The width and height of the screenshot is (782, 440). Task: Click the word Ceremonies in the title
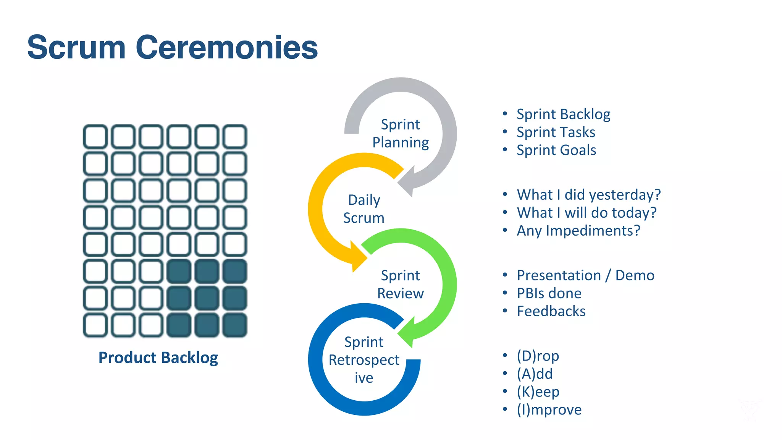[226, 48]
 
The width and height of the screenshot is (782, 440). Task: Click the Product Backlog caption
[158, 358]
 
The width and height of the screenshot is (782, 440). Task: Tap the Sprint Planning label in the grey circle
[401, 133]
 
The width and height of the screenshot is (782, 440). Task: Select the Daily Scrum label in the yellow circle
[364, 209]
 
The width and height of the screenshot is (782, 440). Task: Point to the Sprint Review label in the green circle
[401, 284]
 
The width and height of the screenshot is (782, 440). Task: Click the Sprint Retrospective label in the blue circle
[364, 360]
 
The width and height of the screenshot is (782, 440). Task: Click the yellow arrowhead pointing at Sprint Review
[358, 258]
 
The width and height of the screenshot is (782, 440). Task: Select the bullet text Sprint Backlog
[563, 114]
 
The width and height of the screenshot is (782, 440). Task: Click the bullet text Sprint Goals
[556, 150]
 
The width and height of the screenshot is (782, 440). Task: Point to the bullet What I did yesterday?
[588, 195]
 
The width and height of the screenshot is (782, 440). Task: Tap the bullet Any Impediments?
[578, 231]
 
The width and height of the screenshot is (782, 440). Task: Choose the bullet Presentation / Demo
[585, 275]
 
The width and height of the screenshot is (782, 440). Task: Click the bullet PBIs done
[549, 293]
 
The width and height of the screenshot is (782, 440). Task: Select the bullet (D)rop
[538, 356]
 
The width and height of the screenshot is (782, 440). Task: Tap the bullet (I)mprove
[549, 410]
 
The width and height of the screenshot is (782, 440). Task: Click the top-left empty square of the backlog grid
[95, 136]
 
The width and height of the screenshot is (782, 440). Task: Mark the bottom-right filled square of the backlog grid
[234, 325]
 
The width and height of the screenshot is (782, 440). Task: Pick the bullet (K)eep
[538, 392]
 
